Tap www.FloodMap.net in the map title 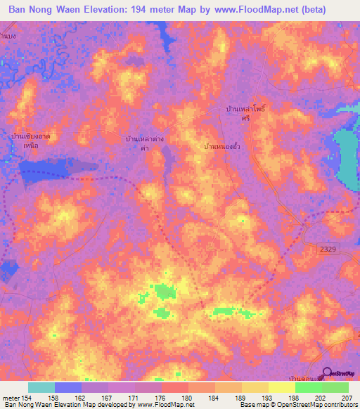pyautogui.click(x=249, y=9)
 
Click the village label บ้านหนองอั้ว pyautogui.click(x=225, y=146)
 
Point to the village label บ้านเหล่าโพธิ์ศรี pyautogui.click(x=243, y=115)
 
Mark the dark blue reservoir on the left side pyautogui.click(x=49, y=169)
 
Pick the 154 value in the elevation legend pyautogui.click(x=27, y=397)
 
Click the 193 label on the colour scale pyautogui.click(x=267, y=397)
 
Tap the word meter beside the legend pyautogui.click(x=11, y=397)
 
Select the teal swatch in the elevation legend pyautogui.click(x=41, y=387)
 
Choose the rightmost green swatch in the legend pyautogui.click(x=335, y=387)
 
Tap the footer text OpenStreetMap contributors pyautogui.click(x=320, y=405)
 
